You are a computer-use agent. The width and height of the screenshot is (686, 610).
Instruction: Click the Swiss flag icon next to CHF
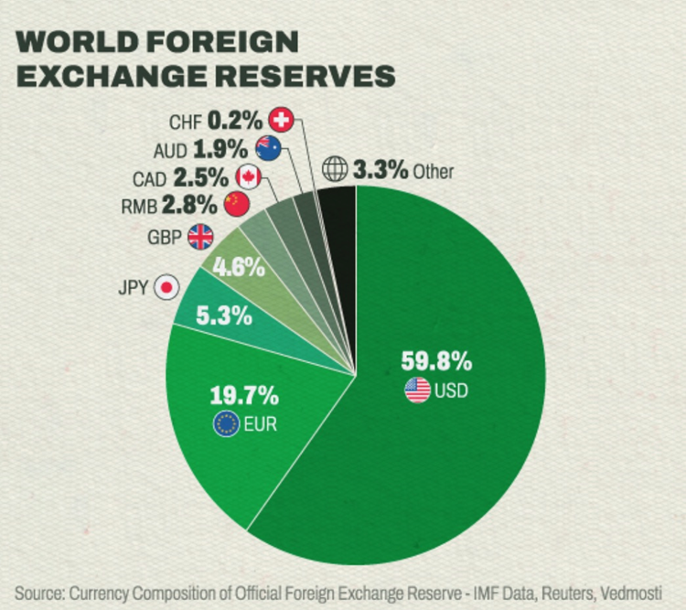click(x=283, y=119)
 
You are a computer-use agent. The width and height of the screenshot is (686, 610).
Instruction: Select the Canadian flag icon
click(x=249, y=177)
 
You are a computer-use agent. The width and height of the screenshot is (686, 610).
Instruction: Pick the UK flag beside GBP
click(x=200, y=237)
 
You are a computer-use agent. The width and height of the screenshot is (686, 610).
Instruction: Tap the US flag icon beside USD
click(x=417, y=391)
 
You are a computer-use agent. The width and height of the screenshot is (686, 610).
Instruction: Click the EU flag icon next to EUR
click(x=225, y=423)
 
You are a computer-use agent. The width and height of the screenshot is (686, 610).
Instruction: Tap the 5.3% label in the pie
click(x=225, y=316)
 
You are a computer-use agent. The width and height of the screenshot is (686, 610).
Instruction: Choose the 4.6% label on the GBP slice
click(x=240, y=268)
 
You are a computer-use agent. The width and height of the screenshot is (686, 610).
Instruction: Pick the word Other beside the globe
click(x=434, y=170)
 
